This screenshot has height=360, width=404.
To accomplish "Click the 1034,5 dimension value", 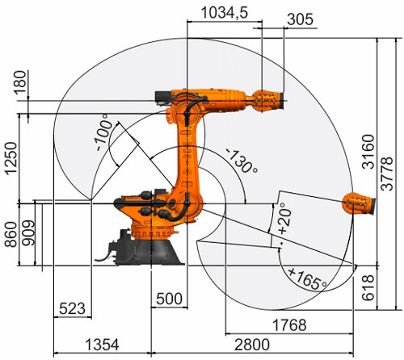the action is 225,13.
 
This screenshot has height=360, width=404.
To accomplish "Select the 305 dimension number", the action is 300,19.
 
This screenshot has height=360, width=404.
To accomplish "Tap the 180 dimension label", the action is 20,82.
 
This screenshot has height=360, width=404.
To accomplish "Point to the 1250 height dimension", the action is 11,158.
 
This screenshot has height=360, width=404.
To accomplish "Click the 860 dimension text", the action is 11,234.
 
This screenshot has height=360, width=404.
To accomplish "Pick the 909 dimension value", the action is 28,233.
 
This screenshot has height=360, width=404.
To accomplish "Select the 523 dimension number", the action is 72,308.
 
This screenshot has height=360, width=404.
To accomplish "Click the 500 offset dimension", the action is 169,299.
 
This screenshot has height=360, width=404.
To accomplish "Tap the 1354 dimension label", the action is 102,345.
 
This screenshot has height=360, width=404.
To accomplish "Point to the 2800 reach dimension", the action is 252,345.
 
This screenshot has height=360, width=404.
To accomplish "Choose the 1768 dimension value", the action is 289,325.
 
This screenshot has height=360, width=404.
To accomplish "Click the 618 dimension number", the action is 368,287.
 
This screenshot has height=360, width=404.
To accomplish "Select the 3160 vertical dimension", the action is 368,152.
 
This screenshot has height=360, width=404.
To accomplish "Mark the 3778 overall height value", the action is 387,174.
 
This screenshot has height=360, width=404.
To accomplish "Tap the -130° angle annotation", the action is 242,161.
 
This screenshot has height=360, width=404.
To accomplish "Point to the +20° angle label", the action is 285,217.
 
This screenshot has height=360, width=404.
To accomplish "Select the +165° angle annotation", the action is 308,278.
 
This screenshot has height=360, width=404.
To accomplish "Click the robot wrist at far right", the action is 359,203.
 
